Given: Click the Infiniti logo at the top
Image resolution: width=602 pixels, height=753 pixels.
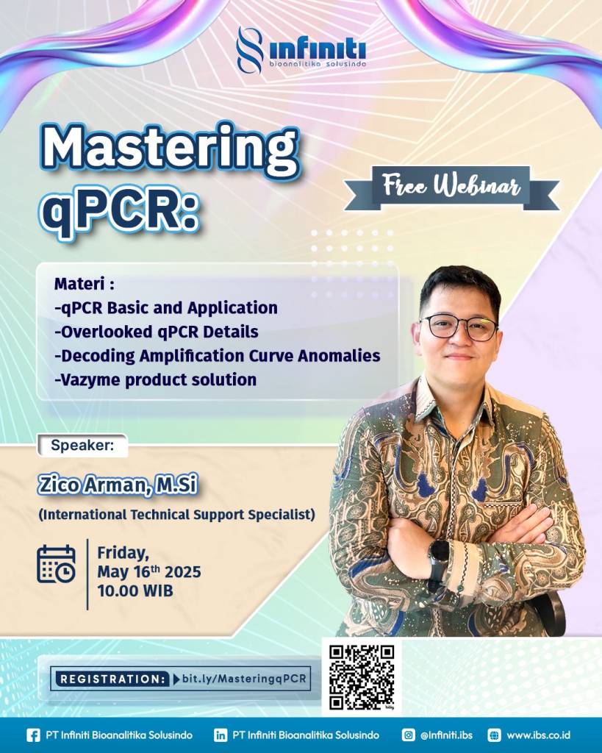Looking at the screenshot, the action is tap(301, 51).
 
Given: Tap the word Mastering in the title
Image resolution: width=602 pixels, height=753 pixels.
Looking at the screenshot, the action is tap(171, 149).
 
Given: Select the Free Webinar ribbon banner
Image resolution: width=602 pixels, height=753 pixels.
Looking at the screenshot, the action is tap(451, 188).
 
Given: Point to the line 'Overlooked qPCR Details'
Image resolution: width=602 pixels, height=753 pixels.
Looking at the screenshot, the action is tap(157, 332).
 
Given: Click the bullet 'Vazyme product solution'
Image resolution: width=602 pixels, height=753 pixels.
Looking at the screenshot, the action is tap(156, 380).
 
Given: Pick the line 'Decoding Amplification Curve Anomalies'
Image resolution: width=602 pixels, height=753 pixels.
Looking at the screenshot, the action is tap(218, 356).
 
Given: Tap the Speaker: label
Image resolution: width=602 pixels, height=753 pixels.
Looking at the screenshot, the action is tap(82, 445).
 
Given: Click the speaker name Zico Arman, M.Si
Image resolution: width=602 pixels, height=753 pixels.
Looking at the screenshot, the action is tap(118, 485).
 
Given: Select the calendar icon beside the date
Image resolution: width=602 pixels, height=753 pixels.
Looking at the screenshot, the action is tap(56, 564).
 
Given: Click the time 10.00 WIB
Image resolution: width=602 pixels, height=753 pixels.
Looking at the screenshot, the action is tap(135, 590).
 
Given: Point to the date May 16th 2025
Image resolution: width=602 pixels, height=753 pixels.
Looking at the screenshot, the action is tap(149, 571).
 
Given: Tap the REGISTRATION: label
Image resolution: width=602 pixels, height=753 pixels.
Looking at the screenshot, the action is tap(112, 679).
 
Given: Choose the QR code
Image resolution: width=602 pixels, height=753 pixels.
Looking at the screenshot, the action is tap(362, 677).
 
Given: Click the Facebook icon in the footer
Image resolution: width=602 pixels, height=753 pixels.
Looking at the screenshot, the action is tap(33, 735).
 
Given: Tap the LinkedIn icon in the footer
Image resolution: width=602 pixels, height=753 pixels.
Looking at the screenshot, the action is tap(221, 735).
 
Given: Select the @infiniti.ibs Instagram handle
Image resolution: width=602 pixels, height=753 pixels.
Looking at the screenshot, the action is tap(446, 735).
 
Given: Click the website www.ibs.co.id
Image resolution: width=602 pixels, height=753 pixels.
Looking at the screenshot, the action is tap(538, 735).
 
